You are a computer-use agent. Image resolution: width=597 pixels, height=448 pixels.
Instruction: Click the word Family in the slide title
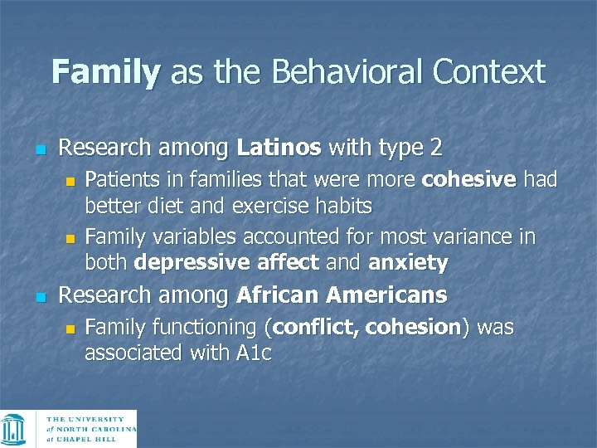click(x=105, y=72)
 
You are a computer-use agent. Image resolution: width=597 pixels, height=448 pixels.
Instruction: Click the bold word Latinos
click(x=279, y=149)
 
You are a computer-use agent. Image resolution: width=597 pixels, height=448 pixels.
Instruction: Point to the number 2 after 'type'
click(x=435, y=149)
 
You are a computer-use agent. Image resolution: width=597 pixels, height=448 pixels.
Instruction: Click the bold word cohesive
click(x=469, y=180)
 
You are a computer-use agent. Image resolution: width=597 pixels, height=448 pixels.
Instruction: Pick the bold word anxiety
click(x=408, y=264)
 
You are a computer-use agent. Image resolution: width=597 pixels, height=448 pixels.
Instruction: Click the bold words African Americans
click(x=342, y=295)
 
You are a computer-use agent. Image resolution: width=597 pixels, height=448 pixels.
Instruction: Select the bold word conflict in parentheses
click(x=314, y=328)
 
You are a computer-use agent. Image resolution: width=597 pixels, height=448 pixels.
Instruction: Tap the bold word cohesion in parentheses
click(x=413, y=328)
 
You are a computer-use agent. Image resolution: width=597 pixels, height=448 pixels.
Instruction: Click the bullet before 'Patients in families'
click(x=70, y=182)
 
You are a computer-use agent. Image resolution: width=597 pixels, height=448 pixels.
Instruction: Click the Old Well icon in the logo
click(x=14, y=429)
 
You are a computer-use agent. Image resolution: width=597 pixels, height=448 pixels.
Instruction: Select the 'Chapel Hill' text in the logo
click(x=92, y=440)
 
